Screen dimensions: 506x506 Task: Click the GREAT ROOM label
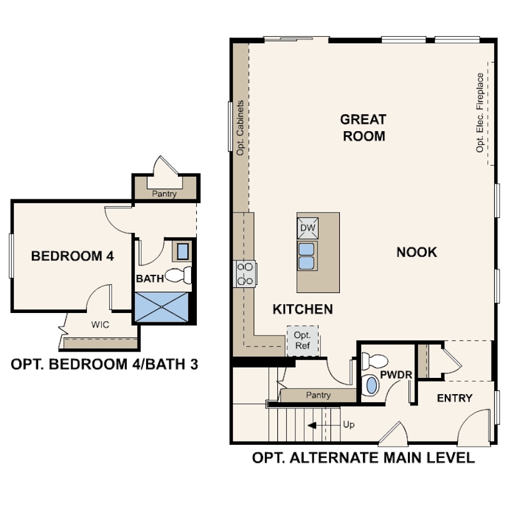point(363,127)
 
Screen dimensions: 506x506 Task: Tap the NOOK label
point(417,252)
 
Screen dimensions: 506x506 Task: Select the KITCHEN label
point(302,309)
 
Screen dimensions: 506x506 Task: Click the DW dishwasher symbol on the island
point(307,227)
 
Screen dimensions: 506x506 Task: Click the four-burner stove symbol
point(244,274)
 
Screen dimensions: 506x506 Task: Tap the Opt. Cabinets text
point(240,128)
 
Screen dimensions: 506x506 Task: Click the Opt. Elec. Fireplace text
point(480,113)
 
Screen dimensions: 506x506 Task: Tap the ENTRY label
point(454,398)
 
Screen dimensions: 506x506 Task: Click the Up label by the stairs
point(349,425)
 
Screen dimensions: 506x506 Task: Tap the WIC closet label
point(100,325)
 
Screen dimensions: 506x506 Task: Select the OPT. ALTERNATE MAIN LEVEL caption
point(363,458)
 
